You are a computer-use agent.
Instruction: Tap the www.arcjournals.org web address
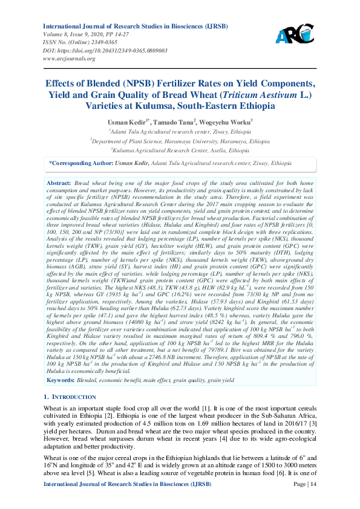(x=68, y=59)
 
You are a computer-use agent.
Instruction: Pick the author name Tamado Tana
(x=177, y=121)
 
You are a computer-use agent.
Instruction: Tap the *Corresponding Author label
(x=80, y=163)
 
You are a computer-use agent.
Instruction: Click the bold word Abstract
(x=59, y=182)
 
